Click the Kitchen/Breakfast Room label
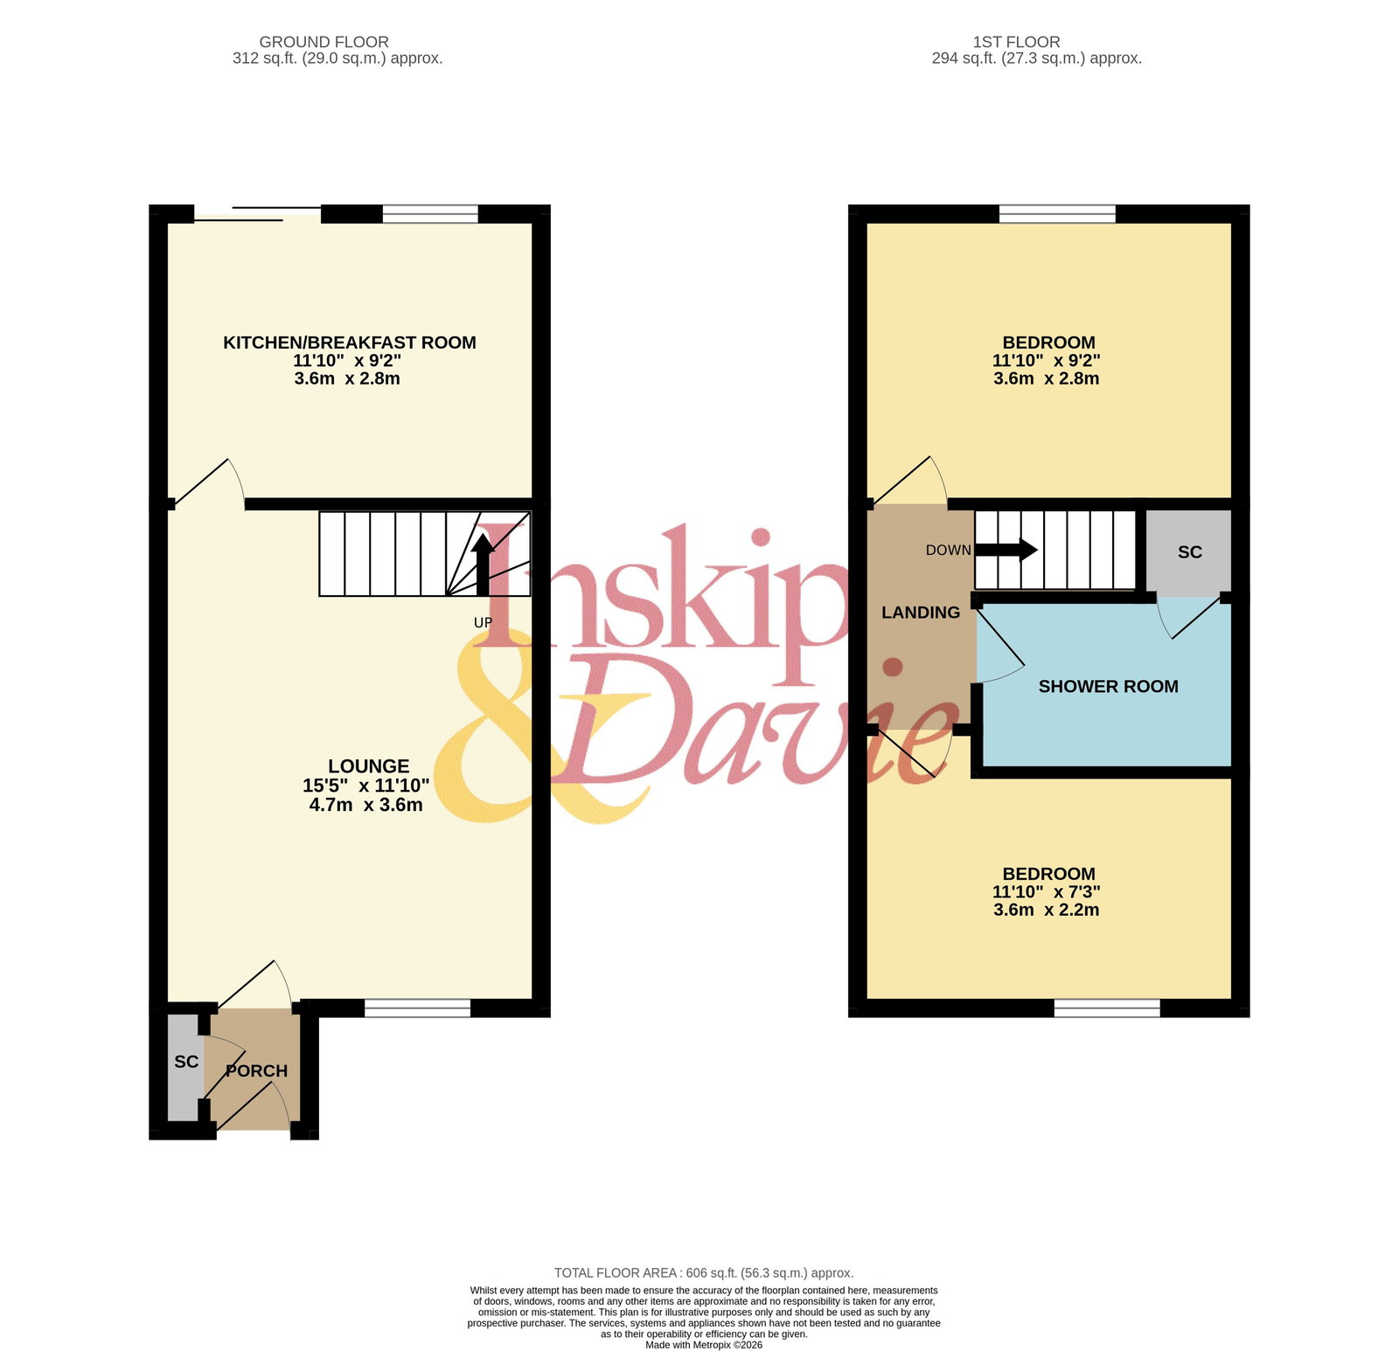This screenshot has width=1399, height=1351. pos(350,343)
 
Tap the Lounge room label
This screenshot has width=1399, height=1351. pos(369,766)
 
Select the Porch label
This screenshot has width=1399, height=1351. pos(256,1070)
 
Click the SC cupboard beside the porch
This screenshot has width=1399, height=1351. pos(185,1067)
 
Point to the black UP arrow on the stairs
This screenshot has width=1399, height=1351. pos(482,565)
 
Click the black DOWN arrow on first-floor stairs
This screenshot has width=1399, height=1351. pos(1006,550)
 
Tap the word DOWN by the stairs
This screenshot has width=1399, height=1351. pos(949,551)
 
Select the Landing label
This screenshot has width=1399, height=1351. pos(921,613)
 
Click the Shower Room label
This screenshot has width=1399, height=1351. pos(1109,687)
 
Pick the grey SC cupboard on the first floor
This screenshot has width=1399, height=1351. pos(1189,552)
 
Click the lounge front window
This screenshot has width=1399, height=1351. pos(417,1008)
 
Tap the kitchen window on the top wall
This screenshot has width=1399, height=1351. pos(430,214)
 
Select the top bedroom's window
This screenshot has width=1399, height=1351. pos(1058,214)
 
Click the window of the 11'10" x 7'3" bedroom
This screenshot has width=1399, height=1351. pos(1107,1008)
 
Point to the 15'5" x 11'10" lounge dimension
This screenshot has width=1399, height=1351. pos(366,786)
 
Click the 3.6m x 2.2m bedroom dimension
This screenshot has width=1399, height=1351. pos(1047,910)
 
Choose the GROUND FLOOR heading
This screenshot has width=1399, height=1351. pos(324,42)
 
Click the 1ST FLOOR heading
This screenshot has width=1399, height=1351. pos(1017,42)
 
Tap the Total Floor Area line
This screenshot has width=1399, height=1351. pos(704,1273)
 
